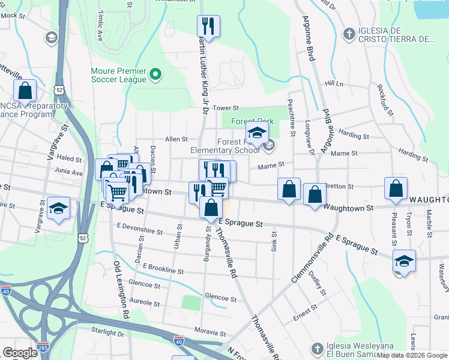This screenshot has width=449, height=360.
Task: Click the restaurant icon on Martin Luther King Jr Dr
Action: [x=208, y=26]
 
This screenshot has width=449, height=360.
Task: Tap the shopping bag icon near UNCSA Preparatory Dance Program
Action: [x=25, y=91]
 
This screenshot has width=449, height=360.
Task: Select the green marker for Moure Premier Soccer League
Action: [x=156, y=74]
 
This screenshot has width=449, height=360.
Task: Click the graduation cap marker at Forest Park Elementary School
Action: [x=256, y=134]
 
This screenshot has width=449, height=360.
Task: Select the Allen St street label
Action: [x=176, y=139]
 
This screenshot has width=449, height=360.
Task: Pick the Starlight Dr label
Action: [x=107, y=333]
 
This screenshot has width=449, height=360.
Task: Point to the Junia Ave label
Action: [x=69, y=172]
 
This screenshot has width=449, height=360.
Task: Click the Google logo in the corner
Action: [x=20, y=353]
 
